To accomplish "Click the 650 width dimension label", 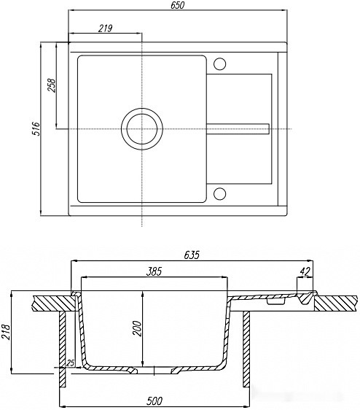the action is [178, 6].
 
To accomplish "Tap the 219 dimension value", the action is [105, 28].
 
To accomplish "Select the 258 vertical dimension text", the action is [52, 85].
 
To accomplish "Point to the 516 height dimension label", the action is [36, 128].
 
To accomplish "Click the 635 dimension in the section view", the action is [192, 255].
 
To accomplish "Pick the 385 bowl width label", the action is [154, 271].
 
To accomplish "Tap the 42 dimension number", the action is [305, 272].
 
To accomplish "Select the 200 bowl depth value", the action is [137, 329].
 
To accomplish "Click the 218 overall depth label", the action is [6, 332].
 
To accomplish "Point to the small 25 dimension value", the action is [71, 363].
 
